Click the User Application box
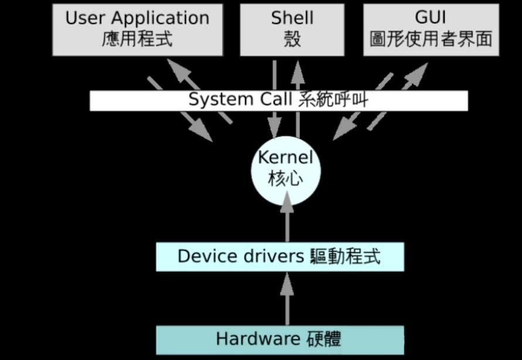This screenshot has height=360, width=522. pyautogui.click(x=138, y=30)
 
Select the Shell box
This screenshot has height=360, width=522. pyautogui.click(x=292, y=30)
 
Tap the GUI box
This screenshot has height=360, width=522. pyautogui.click(x=431, y=30)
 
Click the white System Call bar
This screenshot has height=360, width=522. pyautogui.click(x=279, y=101)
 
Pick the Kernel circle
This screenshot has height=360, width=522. pyautogui.click(x=286, y=171)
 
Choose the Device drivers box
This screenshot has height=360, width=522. pyautogui.click(x=280, y=257)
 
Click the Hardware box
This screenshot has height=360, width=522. pyautogui.click(x=280, y=340)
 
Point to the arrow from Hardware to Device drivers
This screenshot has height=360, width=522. pyautogui.click(x=287, y=299)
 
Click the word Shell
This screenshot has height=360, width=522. pyautogui.click(x=292, y=18)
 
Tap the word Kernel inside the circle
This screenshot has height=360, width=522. pyautogui.click(x=286, y=157)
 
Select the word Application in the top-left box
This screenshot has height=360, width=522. pyautogui.click(x=161, y=18)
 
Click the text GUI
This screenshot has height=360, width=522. pyautogui.click(x=430, y=18)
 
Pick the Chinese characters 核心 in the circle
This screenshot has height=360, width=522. pyautogui.click(x=286, y=179)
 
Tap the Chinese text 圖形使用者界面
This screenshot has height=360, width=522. pyautogui.click(x=431, y=39)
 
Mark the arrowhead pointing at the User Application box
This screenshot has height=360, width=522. pyautogui.click(x=178, y=70)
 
